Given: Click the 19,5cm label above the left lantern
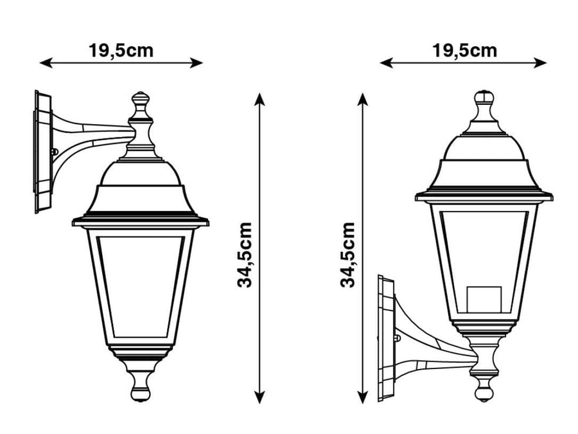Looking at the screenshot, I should coord(121,51).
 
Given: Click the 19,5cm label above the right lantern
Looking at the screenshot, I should coord(464,51).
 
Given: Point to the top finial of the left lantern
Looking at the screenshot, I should coord(141,103).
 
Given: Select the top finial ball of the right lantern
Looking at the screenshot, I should coord(484,100).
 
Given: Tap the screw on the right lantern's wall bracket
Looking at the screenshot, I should coord(398,337).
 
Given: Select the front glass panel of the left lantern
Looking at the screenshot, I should coord(140,286).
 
